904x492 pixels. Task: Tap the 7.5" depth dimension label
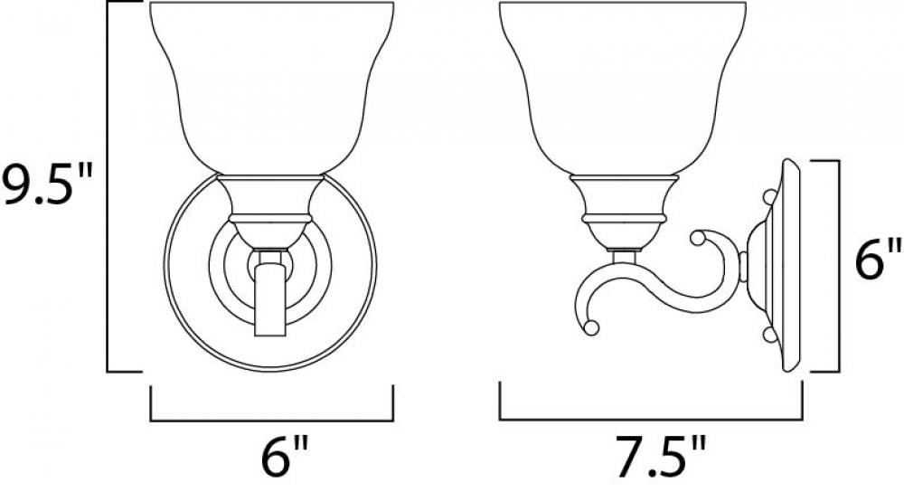point(660,457)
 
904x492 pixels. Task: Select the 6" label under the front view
point(285,457)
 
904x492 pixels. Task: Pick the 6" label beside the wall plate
point(878,260)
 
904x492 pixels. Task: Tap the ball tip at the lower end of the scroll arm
point(590,327)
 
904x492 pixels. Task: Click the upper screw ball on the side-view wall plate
point(769,196)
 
